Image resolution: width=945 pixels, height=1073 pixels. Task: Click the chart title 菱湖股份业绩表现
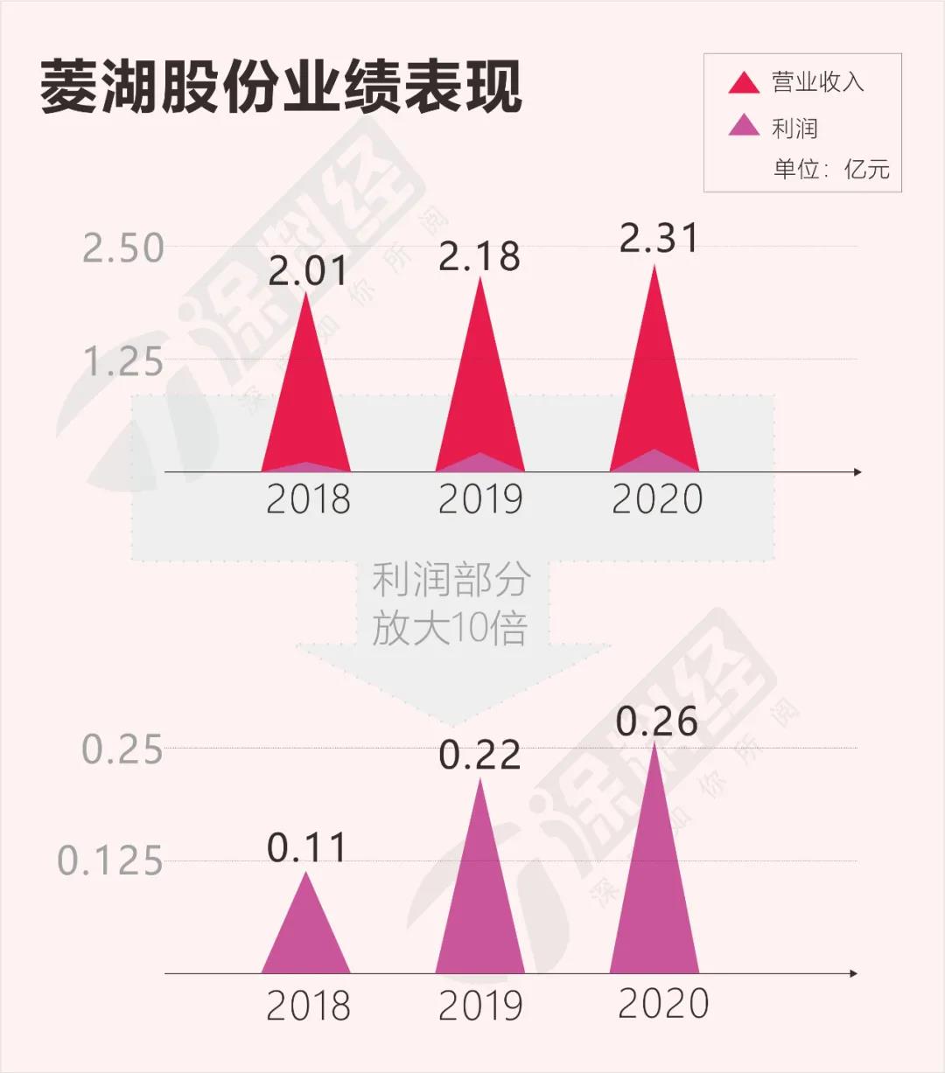tap(281, 87)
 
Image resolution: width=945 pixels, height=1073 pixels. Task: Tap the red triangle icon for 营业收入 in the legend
tap(744, 84)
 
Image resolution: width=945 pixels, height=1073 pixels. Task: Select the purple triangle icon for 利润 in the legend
tap(744, 127)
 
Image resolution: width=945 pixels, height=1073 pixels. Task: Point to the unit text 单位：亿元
tap(830, 168)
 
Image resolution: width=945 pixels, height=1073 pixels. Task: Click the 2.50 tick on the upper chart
tap(123, 248)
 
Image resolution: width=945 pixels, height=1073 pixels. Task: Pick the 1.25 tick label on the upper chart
tap(123, 361)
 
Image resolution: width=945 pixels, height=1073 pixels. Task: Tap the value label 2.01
tap(307, 271)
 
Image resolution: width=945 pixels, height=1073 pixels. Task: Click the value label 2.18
tap(479, 256)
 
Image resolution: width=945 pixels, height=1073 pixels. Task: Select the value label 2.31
tap(659, 238)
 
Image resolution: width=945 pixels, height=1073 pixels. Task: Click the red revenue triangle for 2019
tap(479, 385)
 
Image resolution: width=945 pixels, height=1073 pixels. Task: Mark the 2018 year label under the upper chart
tap(308, 499)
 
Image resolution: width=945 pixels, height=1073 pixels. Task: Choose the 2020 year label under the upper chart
tap(657, 499)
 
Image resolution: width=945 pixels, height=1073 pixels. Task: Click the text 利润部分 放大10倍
tap(451, 603)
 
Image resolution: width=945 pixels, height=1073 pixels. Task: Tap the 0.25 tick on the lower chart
tap(122, 750)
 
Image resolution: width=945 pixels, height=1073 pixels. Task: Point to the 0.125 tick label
tap(110, 861)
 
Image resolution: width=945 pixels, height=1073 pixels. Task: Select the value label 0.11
tap(307, 847)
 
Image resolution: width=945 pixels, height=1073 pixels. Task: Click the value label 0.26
tap(657, 721)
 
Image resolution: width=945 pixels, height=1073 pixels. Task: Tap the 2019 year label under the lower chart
tap(480, 1006)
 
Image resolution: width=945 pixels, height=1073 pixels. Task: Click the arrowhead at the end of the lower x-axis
tap(853, 973)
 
